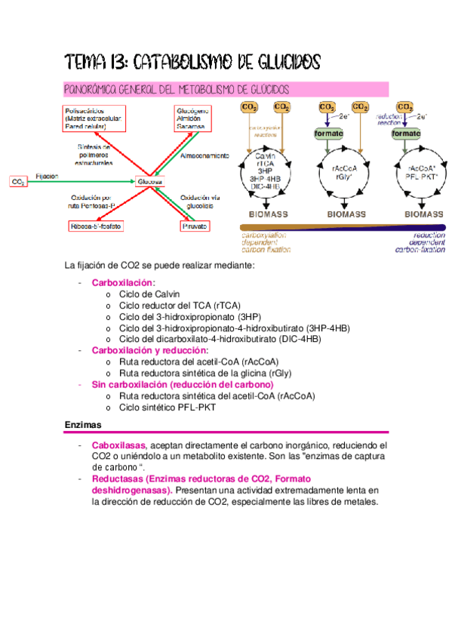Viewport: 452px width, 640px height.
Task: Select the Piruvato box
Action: (x=195, y=226)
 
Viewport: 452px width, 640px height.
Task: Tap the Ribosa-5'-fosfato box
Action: (x=97, y=226)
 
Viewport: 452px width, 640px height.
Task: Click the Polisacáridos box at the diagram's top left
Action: (x=95, y=119)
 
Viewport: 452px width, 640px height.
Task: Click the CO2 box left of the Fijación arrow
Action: (x=18, y=182)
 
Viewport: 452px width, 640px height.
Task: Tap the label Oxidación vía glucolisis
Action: (x=198, y=202)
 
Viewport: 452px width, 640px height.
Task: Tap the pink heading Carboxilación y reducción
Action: (x=149, y=350)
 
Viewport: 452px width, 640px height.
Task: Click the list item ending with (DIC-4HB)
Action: (x=219, y=339)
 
